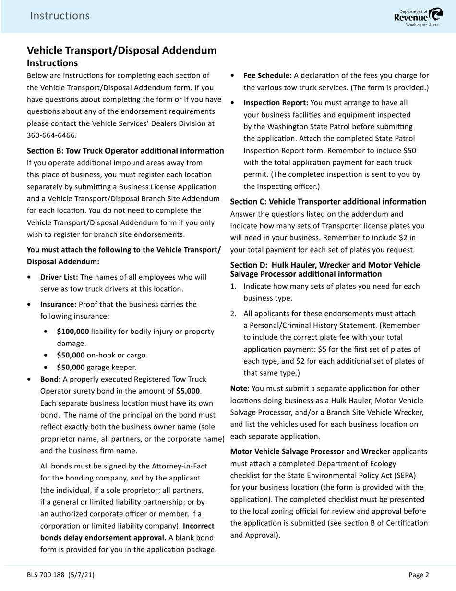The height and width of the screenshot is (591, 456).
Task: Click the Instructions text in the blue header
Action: (x=60, y=16)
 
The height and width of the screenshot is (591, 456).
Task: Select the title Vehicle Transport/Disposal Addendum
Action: (x=121, y=50)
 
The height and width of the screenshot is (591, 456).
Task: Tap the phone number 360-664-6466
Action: (x=51, y=135)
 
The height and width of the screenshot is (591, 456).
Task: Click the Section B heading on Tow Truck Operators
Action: (x=125, y=151)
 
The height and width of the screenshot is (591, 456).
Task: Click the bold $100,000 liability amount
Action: (x=72, y=332)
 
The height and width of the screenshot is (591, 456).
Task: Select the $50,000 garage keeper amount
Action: (x=71, y=367)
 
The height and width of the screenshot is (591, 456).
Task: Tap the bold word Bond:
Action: (x=50, y=379)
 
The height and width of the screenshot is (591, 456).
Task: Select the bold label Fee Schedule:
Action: (x=267, y=75)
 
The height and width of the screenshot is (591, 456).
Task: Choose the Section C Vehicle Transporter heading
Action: (x=328, y=202)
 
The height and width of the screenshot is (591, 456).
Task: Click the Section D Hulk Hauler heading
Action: (x=325, y=270)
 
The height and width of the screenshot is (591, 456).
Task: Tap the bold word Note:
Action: (x=240, y=388)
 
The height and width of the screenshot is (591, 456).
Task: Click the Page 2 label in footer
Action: (x=419, y=574)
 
